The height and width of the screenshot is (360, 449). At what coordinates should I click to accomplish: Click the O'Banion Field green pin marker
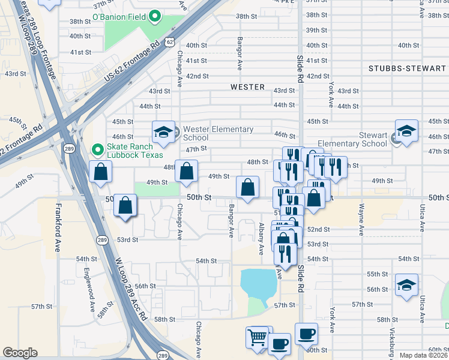pos(154,16)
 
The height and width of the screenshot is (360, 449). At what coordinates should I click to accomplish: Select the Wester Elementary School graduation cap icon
pos(163,133)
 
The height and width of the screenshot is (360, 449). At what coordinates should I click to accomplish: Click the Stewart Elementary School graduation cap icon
pos(406,131)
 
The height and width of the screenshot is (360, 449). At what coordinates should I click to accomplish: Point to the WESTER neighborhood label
pos(247,87)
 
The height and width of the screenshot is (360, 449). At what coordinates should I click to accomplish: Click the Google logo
pos(20,353)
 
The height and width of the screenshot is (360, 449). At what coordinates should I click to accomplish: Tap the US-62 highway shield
pos(170,42)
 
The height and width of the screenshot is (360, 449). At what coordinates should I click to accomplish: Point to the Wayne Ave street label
pos(361,220)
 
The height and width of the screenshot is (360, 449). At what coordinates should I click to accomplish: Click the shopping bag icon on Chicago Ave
pos(187,171)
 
